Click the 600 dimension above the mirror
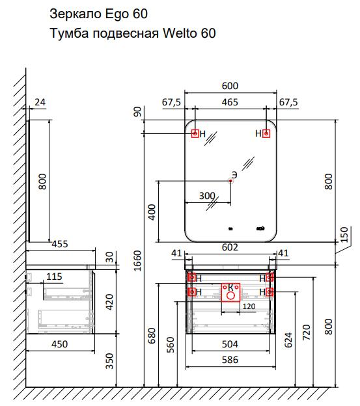230,86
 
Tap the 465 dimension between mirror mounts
230,102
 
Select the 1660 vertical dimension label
137,260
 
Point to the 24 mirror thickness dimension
40,102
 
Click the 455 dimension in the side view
60,244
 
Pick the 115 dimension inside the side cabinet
54,277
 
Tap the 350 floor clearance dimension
109,361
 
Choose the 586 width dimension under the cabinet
230,360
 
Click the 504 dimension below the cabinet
230,344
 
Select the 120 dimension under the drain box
249,306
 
